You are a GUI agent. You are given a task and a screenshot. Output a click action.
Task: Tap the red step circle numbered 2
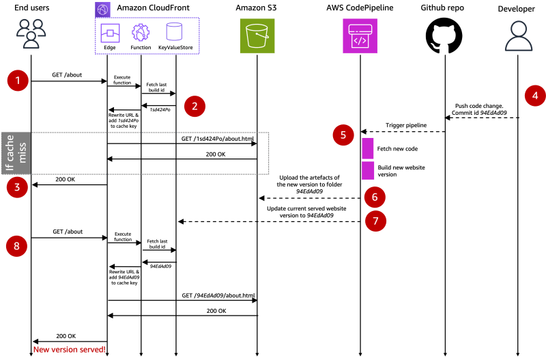coord(195,105)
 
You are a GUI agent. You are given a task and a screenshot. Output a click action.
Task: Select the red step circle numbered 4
coord(534,96)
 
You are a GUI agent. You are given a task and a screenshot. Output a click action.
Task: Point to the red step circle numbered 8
coord(17,244)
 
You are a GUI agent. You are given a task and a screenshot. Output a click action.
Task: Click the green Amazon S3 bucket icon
coord(257,36)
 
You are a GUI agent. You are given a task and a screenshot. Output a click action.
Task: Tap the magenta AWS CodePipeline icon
coord(360,36)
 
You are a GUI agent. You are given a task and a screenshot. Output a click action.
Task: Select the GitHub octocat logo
coord(444,36)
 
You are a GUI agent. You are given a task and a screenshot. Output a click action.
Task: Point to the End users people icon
coord(29,33)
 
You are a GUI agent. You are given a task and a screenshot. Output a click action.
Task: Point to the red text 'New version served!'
coord(68,350)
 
